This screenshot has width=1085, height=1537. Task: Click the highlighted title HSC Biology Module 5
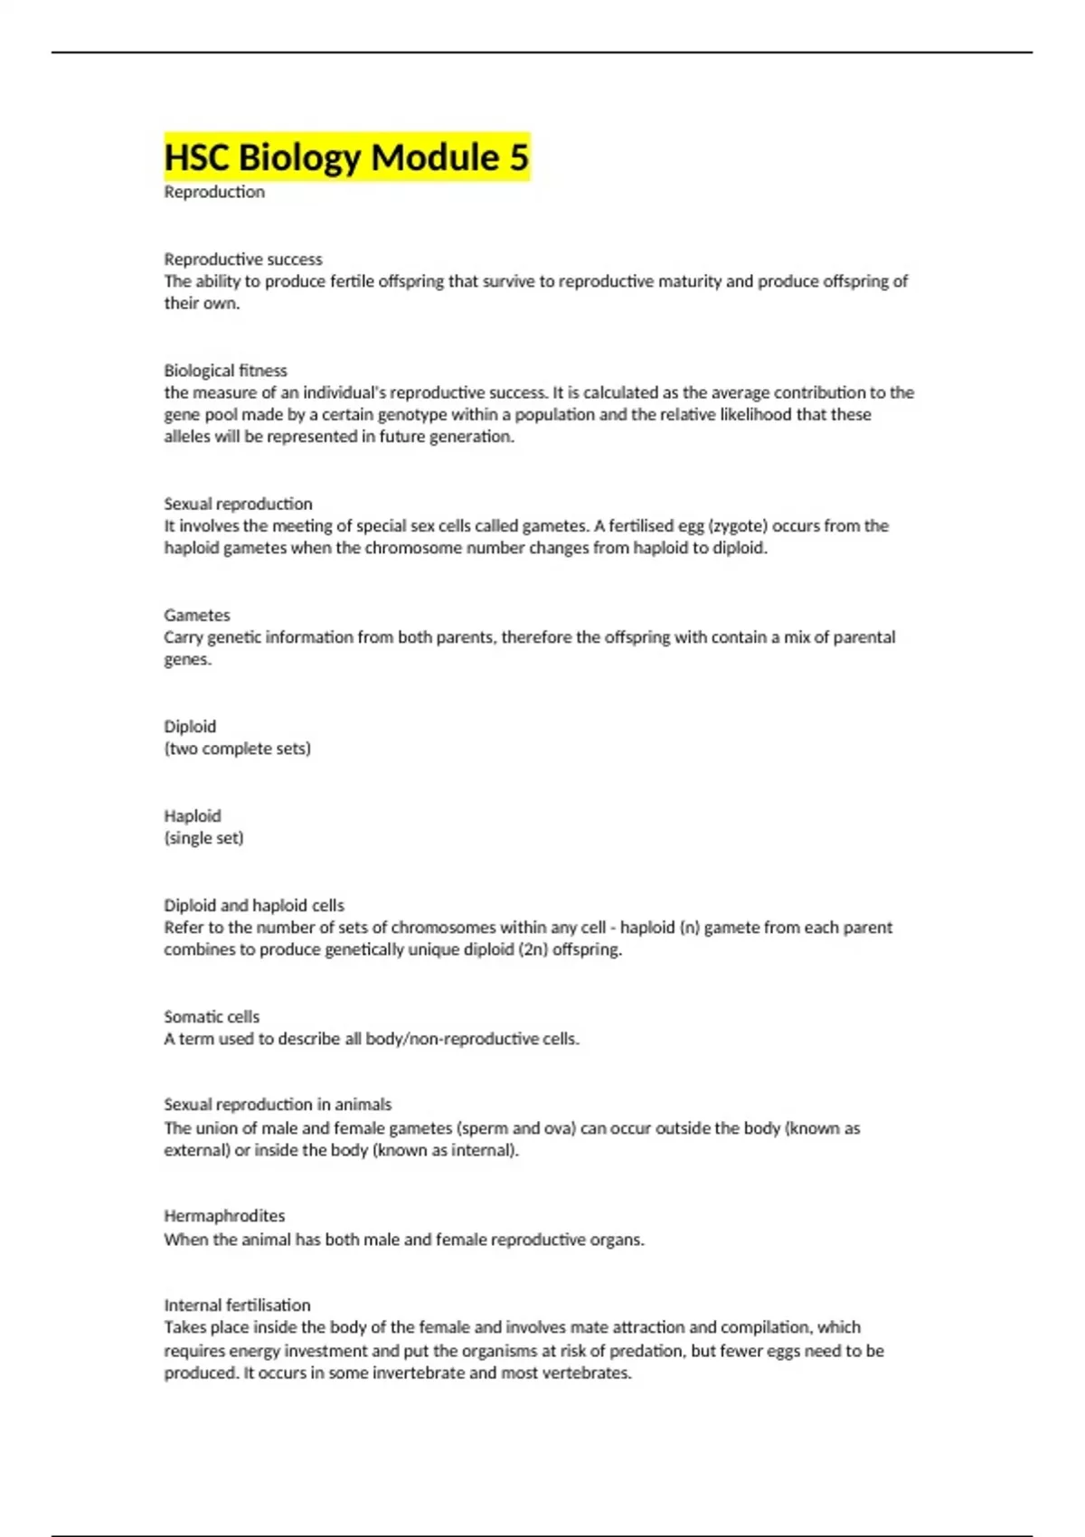click(x=346, y=157)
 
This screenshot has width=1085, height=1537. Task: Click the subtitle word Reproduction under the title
click(x=214, y=192)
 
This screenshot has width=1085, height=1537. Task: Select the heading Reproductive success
click(x=243, y=259)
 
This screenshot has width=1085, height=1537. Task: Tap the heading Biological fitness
click(x=225, y=370)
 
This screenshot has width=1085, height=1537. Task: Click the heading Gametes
click(x=197, y=615)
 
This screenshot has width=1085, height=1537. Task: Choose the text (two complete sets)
click(x=237, y=749)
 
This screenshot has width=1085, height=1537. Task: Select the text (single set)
click(x=203, y=838)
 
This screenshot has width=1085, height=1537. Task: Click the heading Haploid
click(x=192, y=816)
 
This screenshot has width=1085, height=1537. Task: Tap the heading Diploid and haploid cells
click(x=254, y=905)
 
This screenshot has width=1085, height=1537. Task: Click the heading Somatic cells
click(x=212, y=1016)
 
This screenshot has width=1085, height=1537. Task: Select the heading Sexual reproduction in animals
click(x=278, y=1104)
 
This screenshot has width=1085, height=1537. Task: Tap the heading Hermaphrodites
click(x=224, y=1216)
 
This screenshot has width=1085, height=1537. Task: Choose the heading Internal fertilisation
click(x=237, y=1305)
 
